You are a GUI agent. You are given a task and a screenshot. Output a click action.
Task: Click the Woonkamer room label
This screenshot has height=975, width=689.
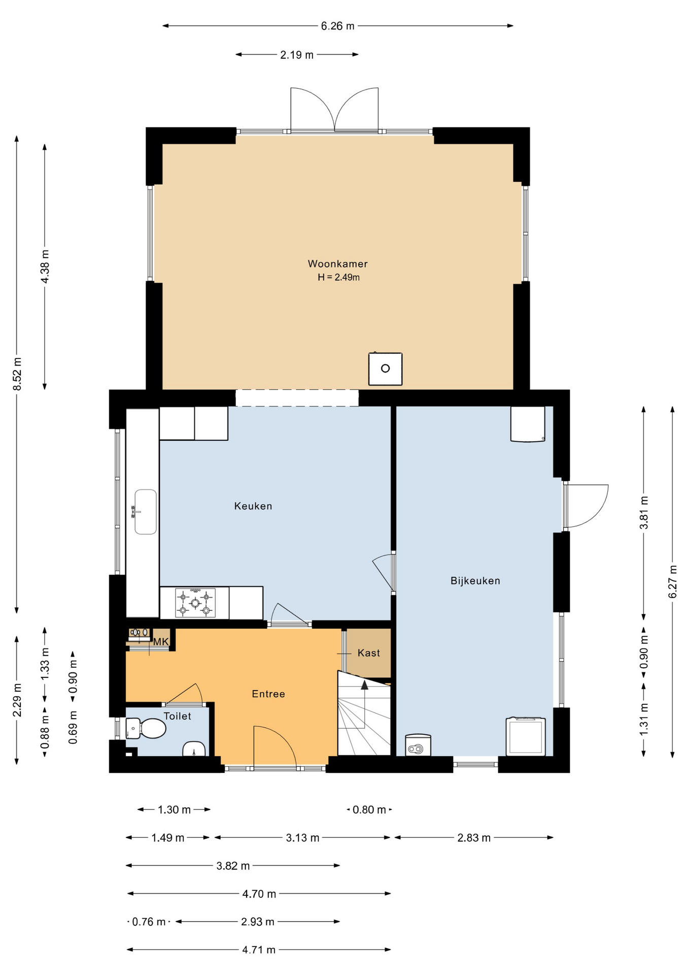click(x=337, y=264)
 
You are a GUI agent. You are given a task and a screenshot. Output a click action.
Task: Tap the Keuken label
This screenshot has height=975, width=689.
click(x=253, y=506)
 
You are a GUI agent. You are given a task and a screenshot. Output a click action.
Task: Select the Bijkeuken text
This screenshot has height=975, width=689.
click(x=475, y=580)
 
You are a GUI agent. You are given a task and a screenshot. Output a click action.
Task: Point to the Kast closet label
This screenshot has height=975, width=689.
click(x=369, y=653)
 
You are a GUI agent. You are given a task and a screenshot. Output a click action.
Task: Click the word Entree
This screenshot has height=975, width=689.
click(x=268, y=694)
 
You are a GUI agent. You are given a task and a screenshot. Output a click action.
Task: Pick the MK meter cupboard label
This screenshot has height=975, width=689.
click(x=161, y=642)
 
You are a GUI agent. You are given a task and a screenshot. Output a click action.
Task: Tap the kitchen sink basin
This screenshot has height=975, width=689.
click(x=146, y=512)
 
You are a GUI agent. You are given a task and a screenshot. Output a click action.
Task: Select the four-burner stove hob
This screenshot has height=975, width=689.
click(x=195, y=603)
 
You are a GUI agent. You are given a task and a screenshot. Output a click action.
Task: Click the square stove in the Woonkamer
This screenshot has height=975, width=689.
click(x=386, y=369)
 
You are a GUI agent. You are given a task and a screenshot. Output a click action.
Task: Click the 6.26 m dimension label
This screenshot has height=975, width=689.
click(x=337, y=26)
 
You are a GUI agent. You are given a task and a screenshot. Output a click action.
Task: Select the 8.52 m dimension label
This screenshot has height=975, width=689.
click(x=17, y=374)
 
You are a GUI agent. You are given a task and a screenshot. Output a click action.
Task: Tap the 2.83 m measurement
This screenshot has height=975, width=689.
click(x=474, y=838)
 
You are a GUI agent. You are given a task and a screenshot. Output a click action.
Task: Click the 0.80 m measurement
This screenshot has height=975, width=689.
click(x=369, y=809)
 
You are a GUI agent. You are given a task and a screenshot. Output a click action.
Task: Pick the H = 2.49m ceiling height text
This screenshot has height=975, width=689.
click(x=338, y=277)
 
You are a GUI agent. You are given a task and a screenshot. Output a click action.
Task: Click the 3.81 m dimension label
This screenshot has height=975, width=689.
click(x=644, y=512)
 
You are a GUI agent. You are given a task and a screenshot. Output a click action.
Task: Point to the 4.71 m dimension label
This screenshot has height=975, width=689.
click(x=259, y=950)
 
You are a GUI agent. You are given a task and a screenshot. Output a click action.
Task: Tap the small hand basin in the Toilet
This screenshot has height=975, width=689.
click(x=194, y=749)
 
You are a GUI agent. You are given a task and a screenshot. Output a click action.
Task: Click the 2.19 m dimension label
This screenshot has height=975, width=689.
click(x=297, y=55)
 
